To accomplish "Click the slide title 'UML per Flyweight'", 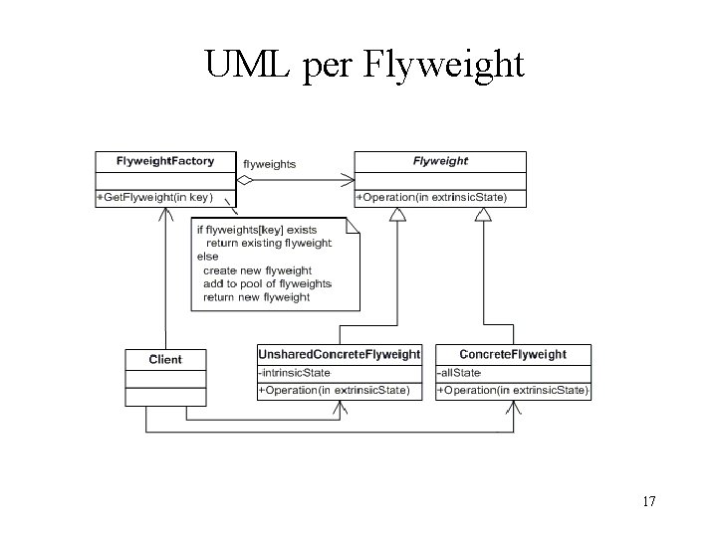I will coord(363,64).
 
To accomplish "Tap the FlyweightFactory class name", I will coord(165,160).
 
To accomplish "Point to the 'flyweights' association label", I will coord(270,164).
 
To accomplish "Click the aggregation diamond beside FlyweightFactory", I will coord(246,180).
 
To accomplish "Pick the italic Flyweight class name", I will coord(440,160).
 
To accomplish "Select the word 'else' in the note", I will coord(208,257).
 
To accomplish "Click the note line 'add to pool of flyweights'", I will coord(267,283).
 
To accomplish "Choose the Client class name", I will coord(165,359).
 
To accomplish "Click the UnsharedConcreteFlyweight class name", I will coord(340,354).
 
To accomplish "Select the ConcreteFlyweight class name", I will coord(514,354).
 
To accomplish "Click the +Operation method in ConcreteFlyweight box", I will coord(514,391).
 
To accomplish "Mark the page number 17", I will coord(648,501).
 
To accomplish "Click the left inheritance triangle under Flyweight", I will coord(396,214).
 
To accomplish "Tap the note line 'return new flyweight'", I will coord(257,297).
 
